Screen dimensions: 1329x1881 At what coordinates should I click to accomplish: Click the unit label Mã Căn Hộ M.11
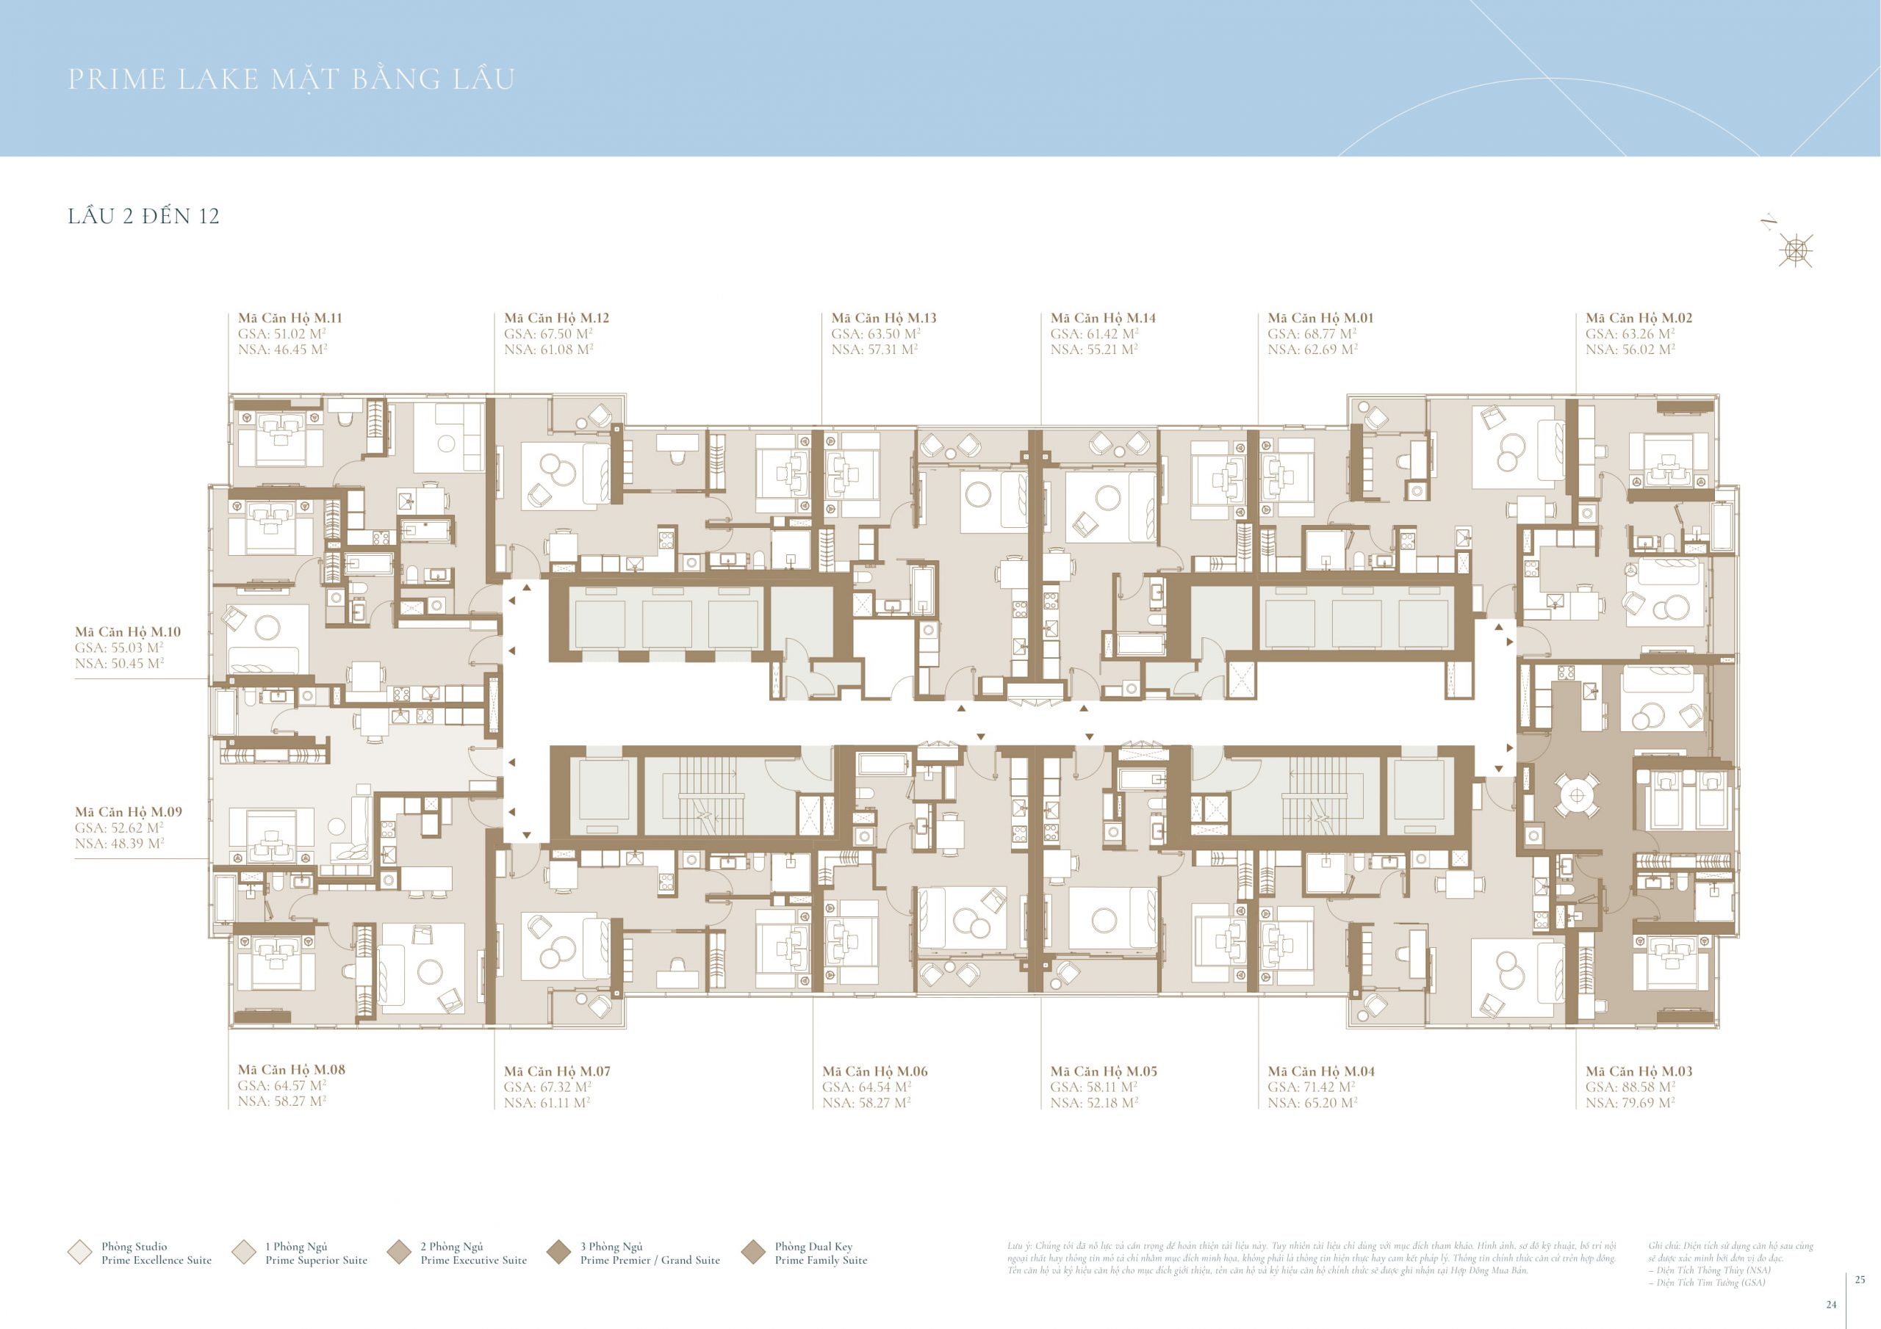coord(289,318)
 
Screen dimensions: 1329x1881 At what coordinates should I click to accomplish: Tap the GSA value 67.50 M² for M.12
coord(547,334)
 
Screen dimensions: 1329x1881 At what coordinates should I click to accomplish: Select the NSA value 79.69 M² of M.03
coord(1630,1103)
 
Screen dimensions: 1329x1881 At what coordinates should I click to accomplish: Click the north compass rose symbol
coord(1795,250)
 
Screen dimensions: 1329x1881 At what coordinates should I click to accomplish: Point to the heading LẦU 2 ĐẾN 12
coord(143,216)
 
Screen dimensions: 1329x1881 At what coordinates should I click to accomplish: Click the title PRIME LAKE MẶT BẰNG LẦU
coord(291,79)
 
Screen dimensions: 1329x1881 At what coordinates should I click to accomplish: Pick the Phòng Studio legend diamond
coord(79,1252)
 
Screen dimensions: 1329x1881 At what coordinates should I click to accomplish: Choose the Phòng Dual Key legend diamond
coord(753,1252)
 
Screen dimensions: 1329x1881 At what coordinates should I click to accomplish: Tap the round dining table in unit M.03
coord(1577,795)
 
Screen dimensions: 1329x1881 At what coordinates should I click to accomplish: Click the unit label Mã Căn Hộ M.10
coord(127,632)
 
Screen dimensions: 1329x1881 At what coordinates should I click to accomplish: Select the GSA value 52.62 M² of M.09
coord(119,828)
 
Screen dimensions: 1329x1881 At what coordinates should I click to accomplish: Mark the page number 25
coord(1860,1280)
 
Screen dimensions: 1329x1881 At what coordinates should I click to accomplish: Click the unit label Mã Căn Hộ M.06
coord(874,1071)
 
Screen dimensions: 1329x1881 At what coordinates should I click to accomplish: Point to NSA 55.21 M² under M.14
coord(1094,350)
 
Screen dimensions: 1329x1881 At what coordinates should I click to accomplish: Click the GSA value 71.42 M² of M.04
coord(1312,1087)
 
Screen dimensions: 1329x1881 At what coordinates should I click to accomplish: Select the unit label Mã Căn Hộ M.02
coord(1638,318)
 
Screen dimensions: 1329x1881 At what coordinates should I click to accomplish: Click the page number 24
coord(1832,1306)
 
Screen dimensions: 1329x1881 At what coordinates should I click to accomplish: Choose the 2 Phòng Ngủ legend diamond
coord(399,1252)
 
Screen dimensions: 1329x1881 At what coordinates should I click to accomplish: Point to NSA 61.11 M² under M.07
coord(547,1103)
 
